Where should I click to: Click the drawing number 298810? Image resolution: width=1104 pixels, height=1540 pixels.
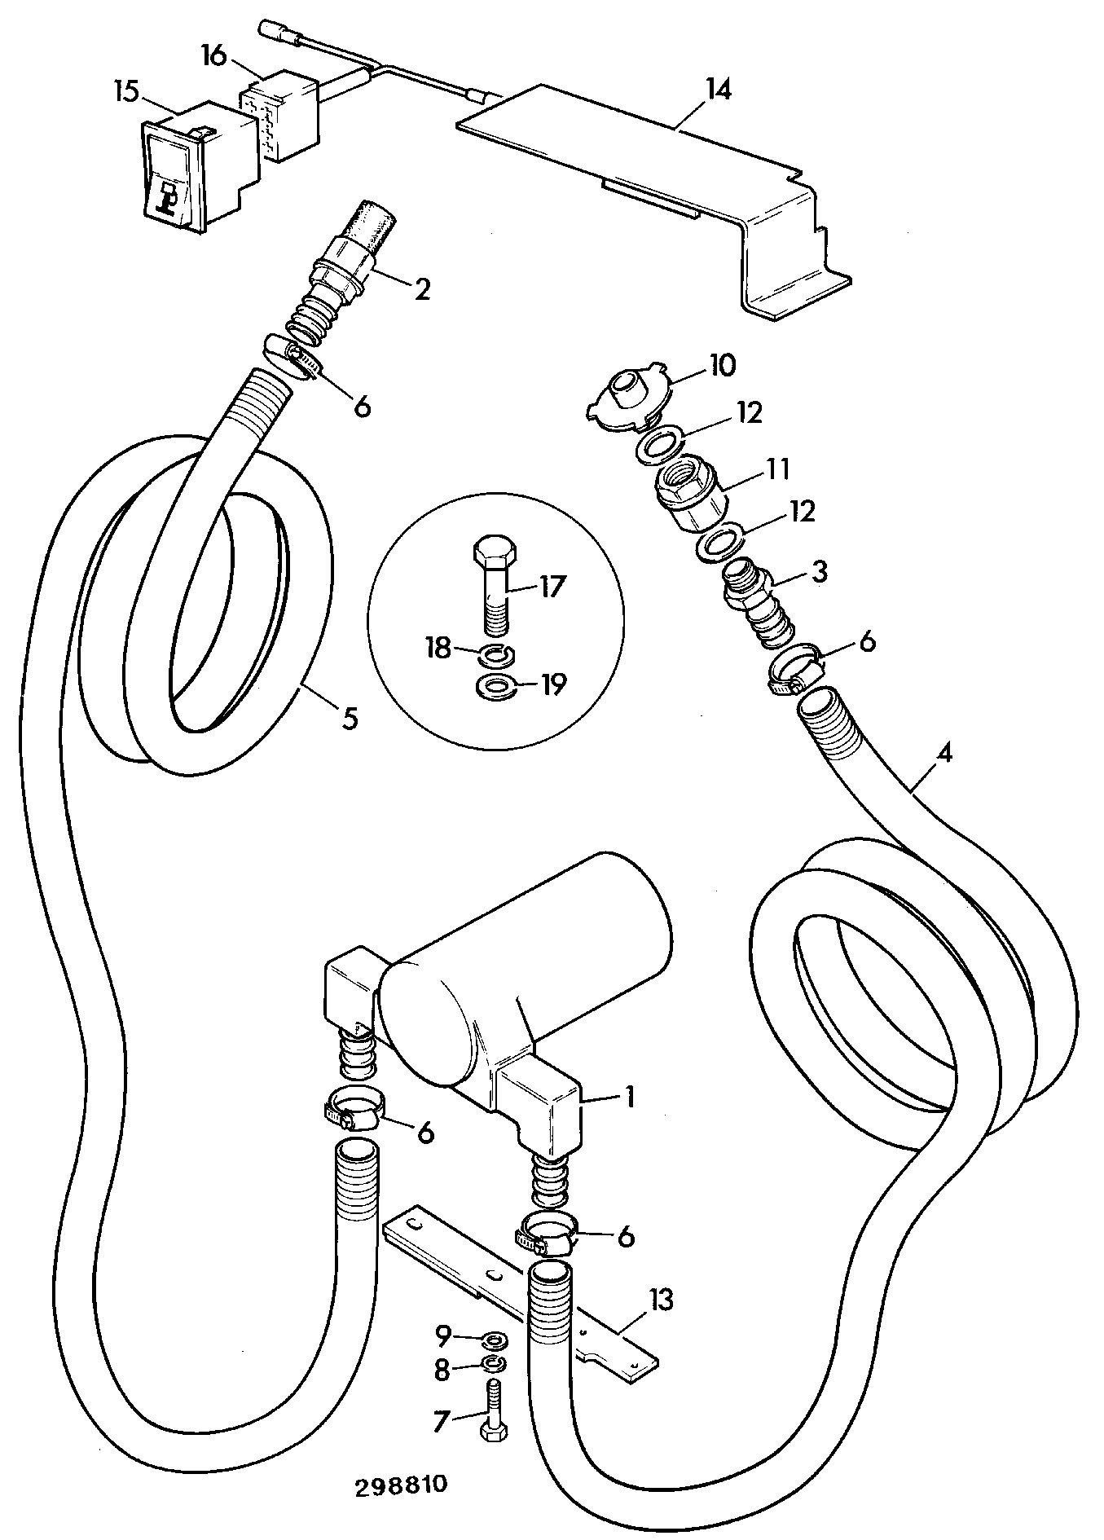[x=402, y=1485]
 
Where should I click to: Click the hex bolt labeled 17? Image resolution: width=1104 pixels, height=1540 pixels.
[x=494, y=583]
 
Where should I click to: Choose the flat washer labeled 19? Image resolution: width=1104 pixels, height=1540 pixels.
[x=494, y=686]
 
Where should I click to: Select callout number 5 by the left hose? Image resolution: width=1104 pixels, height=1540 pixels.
[x=349, y=719]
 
